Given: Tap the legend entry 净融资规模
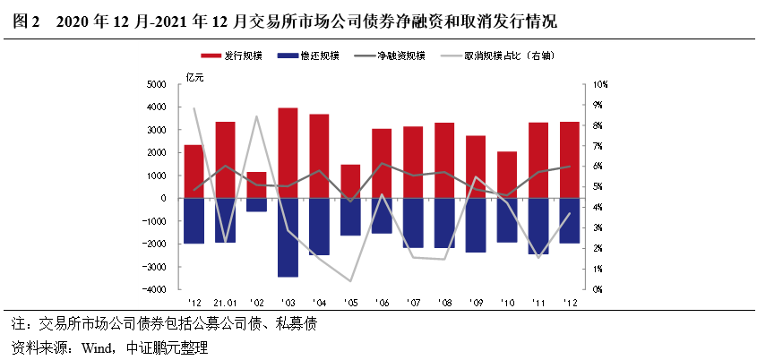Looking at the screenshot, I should pos(403,56).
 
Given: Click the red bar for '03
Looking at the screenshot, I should pos(288,152).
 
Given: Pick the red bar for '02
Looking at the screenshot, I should pos(256,184).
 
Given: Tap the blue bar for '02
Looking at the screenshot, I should pos(256,205).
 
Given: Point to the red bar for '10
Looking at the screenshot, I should pos(507,175).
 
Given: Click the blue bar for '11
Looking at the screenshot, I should pos(538,226).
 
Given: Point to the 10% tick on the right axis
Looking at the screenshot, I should pos(598,84).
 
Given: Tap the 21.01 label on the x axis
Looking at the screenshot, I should pos(225,302).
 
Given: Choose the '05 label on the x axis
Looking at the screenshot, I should pos(351,302).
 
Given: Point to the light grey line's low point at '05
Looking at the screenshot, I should pos(351,281).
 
